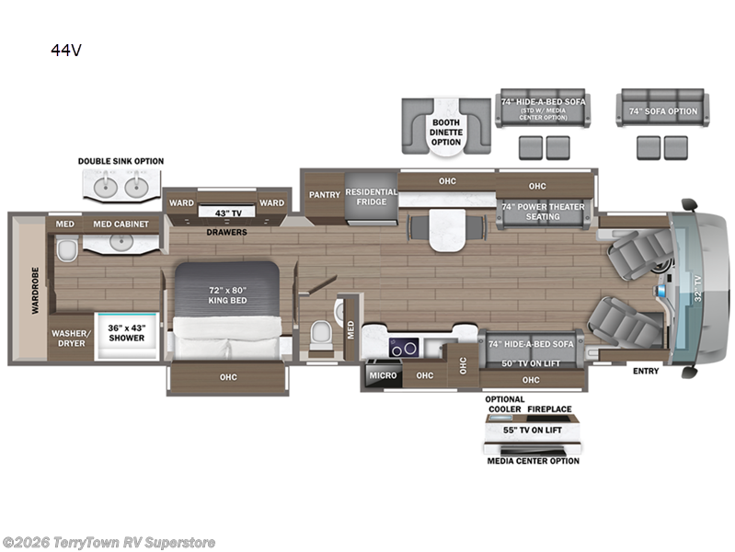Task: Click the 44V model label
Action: (x=66, y=50)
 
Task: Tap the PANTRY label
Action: (x=325, y=195)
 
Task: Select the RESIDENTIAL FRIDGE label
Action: (x=372, y=197)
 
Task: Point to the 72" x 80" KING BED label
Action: (x=227, y=295)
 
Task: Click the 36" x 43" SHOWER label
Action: (x=127, y=333)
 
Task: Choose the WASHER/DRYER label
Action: (x=72, y=339)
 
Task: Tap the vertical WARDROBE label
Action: (x=36, y=291)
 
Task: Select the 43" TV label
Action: (x=228, y=213)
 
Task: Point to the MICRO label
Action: (x=383, y=375)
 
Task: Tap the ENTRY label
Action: (x=646, y=371)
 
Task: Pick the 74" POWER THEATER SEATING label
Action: (x=543, y=212)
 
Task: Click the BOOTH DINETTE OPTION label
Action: (x=446, y=132)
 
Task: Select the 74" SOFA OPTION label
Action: (x=663, y=111)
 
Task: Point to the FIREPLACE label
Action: (x=549, y=409)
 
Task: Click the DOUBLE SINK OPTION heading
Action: (x=121, y=161)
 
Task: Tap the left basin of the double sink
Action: (x=106, y=187)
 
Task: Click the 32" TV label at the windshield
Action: (x=698, y=289)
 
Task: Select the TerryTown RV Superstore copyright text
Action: (x=109, y=543)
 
